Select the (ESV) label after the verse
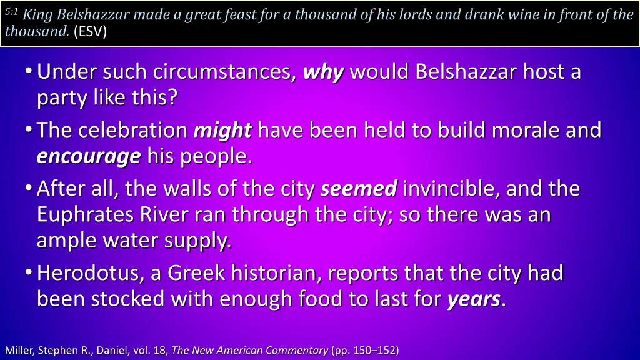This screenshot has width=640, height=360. pos(90,32)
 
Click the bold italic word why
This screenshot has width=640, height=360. pos(323,72)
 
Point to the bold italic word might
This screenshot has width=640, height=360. pos(222,130)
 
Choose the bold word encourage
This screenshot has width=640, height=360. pos(89,156)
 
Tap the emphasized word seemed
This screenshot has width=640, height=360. pos(359,188)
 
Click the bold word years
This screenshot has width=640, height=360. pos(473,299)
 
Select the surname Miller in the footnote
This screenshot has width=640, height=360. pos(19,349)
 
